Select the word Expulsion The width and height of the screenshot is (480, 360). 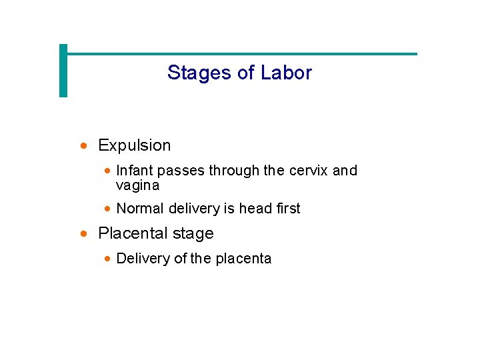pos(134,145)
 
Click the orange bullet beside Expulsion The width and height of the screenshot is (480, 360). pos(83,145)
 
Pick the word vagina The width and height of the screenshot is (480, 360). pos(137,186)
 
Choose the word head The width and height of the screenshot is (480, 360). pos(255,209)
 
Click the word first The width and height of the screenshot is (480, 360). pos(288,209)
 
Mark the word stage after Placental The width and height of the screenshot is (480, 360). pos(193,234)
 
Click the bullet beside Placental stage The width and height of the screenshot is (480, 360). pos(83,234)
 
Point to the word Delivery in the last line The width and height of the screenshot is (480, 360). pos(143,259)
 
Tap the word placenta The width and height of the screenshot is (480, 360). pos(243,259)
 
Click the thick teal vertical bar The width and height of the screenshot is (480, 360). pos(63,71)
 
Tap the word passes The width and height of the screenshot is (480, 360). pos(183,171)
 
